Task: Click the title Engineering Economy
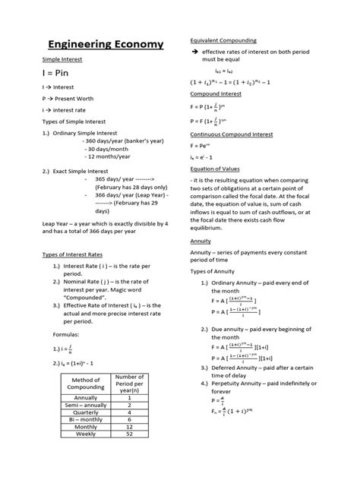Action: [106, 44]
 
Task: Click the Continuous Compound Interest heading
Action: [231, 135]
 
